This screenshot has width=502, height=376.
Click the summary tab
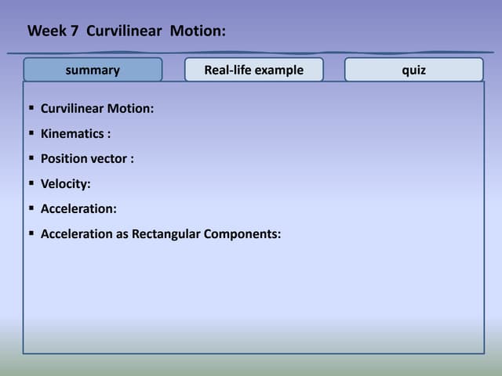pyautogui.click(x=93, y=70)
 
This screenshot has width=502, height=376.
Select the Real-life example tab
pyautogui.click(x=253, y=70)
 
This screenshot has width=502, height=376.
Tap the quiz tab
pyautogui.click(x=413, y=70)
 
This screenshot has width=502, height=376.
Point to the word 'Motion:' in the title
pyautogui.click(x=198, y=31)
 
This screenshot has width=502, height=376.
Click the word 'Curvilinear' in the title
pyautogui.click(x=125, y=31)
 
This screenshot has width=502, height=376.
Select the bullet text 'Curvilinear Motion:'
pyautogui.click(x=96, y=108)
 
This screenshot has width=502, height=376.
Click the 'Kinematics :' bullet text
pyautogui.click(x=75, y=133)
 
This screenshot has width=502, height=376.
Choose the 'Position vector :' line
pyautogui.click(x=87, y=158)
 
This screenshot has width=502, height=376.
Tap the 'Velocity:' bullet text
pyautogui.click(x=66, y=183)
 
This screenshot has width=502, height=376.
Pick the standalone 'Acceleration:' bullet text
pyautogui.click(x=78, y=208)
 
